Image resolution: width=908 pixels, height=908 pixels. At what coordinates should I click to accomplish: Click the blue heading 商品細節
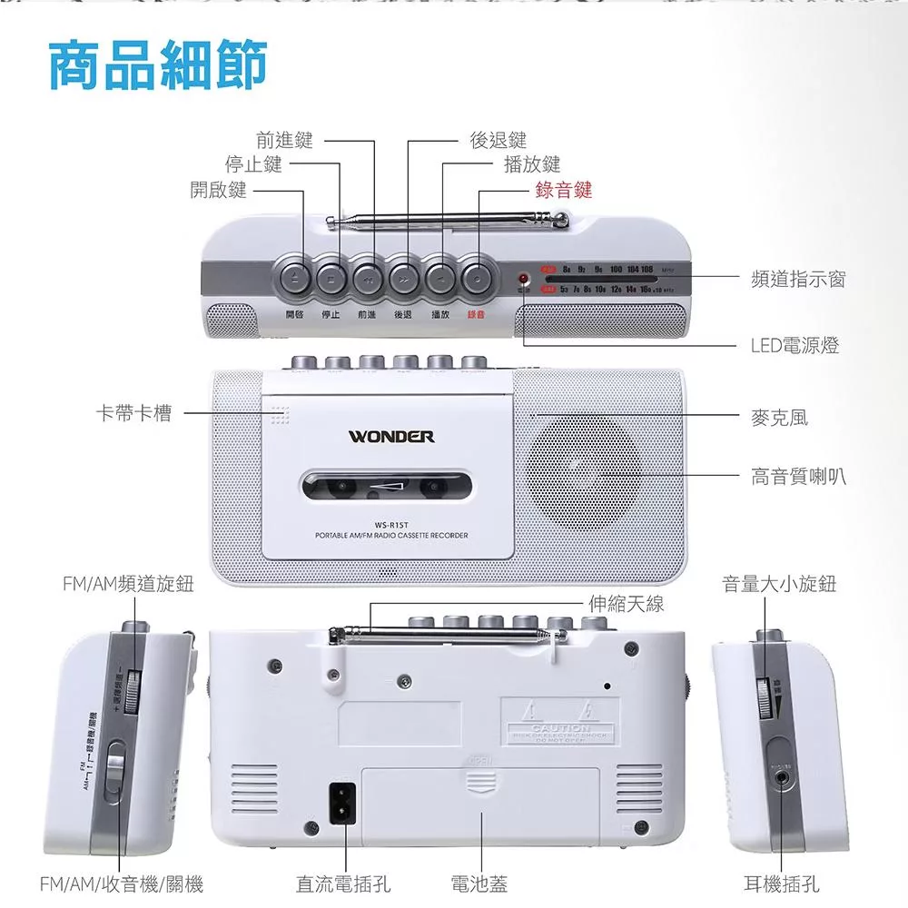point(158,65)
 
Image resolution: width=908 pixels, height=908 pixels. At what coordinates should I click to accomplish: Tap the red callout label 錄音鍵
point(563,189)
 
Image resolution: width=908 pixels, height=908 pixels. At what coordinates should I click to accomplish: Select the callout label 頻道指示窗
point(798,279)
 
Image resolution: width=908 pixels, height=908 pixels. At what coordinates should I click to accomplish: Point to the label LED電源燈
point(794,345)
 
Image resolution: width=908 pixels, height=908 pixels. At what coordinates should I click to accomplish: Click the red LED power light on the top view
point(524,278)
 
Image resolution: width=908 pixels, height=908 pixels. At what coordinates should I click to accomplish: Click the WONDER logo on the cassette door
point(391,437)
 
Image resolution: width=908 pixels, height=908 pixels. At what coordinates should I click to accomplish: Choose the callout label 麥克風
point(779,417)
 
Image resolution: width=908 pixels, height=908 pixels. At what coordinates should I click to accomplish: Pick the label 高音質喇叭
point(798,475)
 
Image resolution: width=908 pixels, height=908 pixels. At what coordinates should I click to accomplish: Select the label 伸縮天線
point(626,603)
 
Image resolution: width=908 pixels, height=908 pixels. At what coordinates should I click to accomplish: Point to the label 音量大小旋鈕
point(779,584)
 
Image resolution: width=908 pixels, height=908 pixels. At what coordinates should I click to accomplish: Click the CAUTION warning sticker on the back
point(559,723)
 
